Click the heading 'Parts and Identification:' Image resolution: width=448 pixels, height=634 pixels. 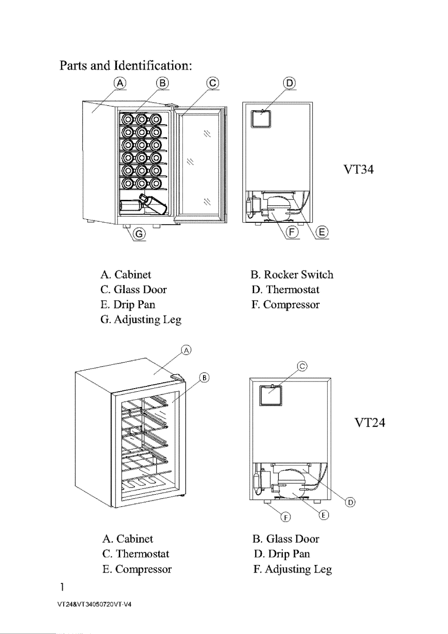(x=126, y=66)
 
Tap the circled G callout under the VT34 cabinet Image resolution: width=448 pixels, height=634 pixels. (x=139, y=234)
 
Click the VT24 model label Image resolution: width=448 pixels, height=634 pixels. (x=370, y=423)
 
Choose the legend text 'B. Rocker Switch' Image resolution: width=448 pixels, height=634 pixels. (x=292, y=275)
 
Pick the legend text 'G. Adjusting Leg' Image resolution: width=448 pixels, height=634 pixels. (x=141, y=320)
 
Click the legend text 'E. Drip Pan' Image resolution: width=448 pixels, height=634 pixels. (x=128, y=305)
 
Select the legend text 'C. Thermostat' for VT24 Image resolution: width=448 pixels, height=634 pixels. (x=136, y=554)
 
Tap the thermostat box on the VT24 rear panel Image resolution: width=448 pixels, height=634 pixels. (x=271, y=396)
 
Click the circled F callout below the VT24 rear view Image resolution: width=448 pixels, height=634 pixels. (x=286, y=517)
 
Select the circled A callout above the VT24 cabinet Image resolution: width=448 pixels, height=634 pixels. (x=187, y=351)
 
